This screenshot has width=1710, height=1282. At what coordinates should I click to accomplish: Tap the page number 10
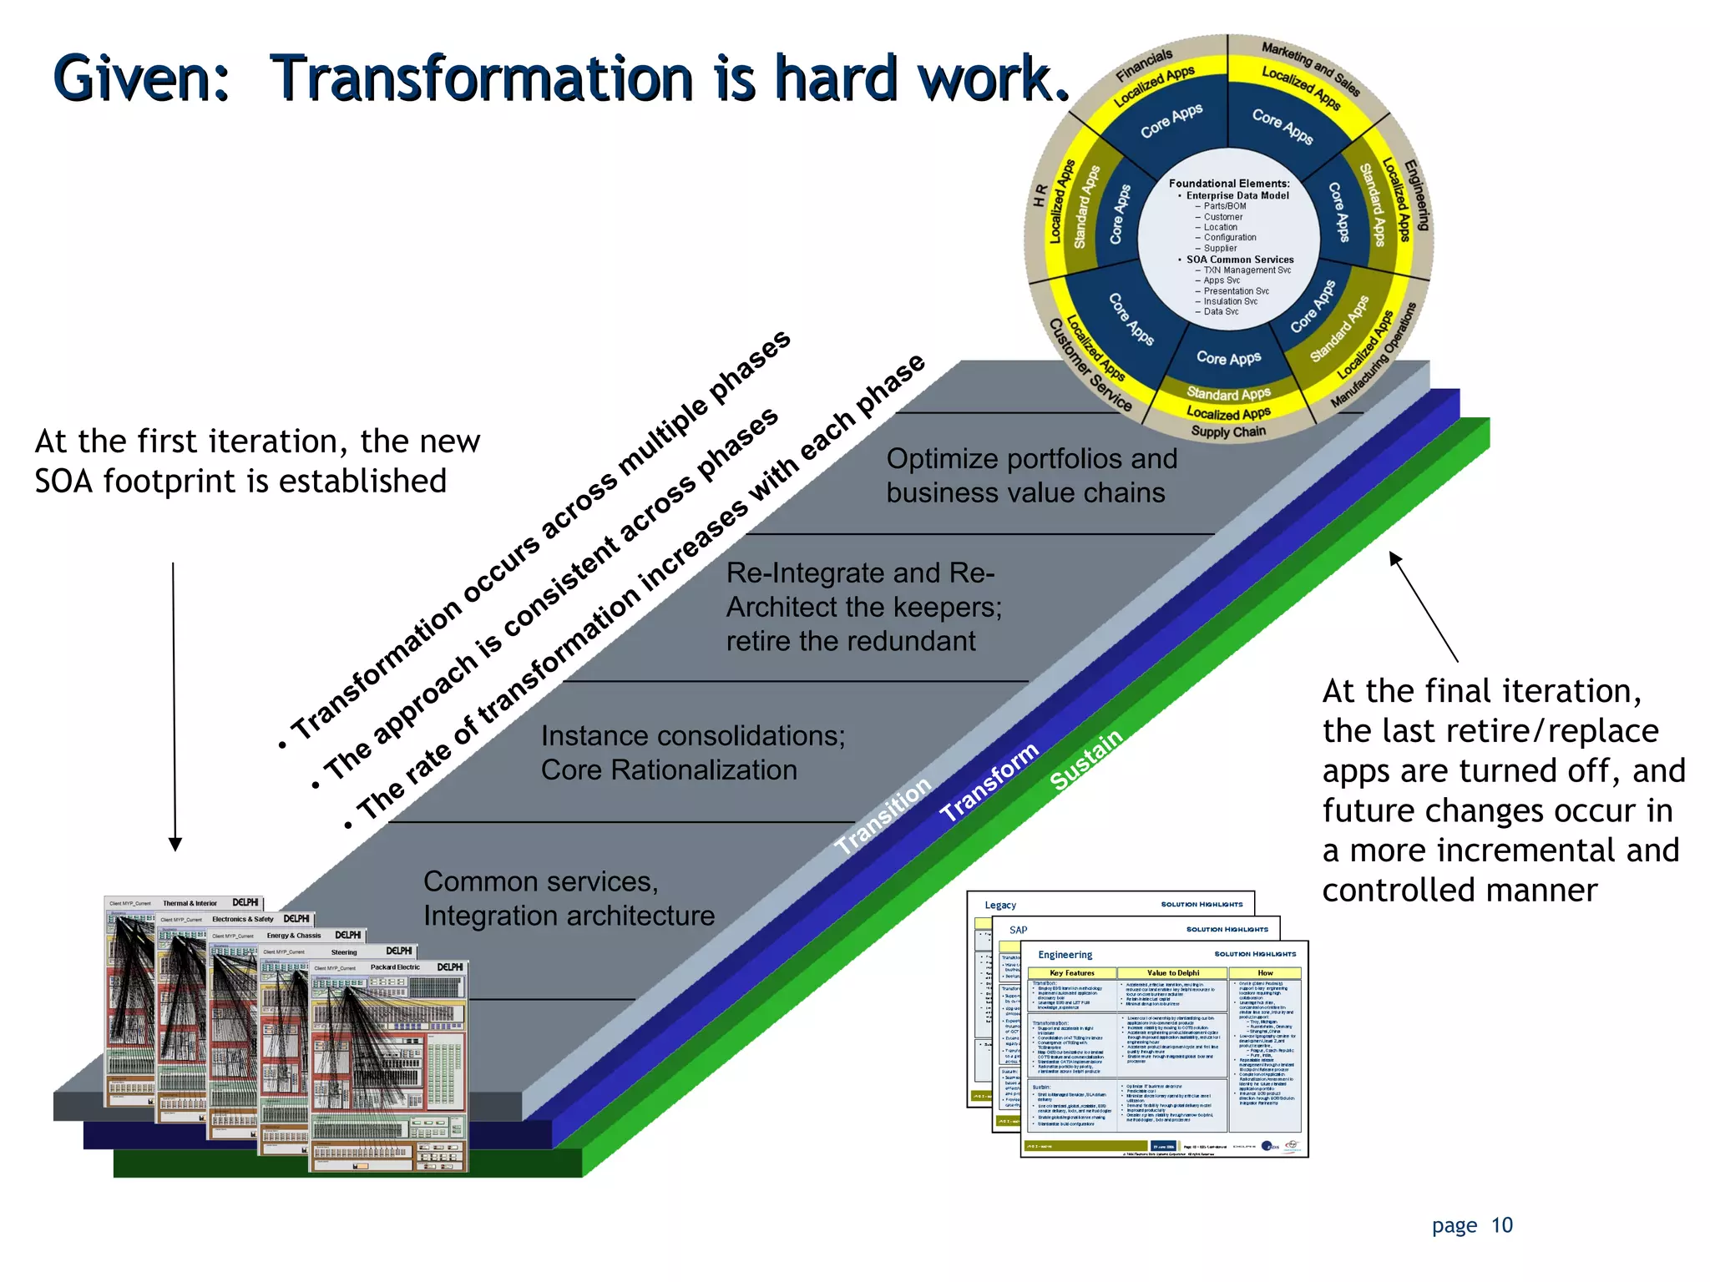tap(1501, 1225)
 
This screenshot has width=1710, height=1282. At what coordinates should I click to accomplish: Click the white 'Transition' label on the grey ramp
tap(883, 815)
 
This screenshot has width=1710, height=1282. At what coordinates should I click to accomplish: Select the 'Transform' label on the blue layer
tap(989, 781)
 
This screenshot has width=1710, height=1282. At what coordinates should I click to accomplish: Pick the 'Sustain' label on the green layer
tap(1086, 759)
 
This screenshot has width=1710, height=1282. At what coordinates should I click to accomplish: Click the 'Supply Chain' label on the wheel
tap(1228, 432)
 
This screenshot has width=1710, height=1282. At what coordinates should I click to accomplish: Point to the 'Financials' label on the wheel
tap(1143, 65)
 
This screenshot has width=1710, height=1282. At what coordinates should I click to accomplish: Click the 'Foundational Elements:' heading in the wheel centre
tap(1228, 184)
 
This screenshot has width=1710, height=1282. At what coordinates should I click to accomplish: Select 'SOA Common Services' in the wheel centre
tap(1239, 260)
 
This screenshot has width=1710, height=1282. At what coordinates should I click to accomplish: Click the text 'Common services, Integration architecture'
tap(568, 898)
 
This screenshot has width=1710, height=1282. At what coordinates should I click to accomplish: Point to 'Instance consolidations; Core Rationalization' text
tap(692, 752)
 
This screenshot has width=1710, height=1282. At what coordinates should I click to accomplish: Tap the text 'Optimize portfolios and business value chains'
tap(1031, 475)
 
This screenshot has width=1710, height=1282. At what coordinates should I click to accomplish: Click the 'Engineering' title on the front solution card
tap(1065, 955)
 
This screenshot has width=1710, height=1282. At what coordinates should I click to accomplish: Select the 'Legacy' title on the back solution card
tap(999, 905)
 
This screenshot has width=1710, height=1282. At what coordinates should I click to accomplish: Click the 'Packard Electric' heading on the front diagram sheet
tap(395, 967)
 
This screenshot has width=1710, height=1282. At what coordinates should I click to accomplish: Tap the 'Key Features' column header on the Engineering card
tap(1071, 973)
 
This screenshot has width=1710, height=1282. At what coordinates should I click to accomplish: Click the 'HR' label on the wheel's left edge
tap(1040, 195)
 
